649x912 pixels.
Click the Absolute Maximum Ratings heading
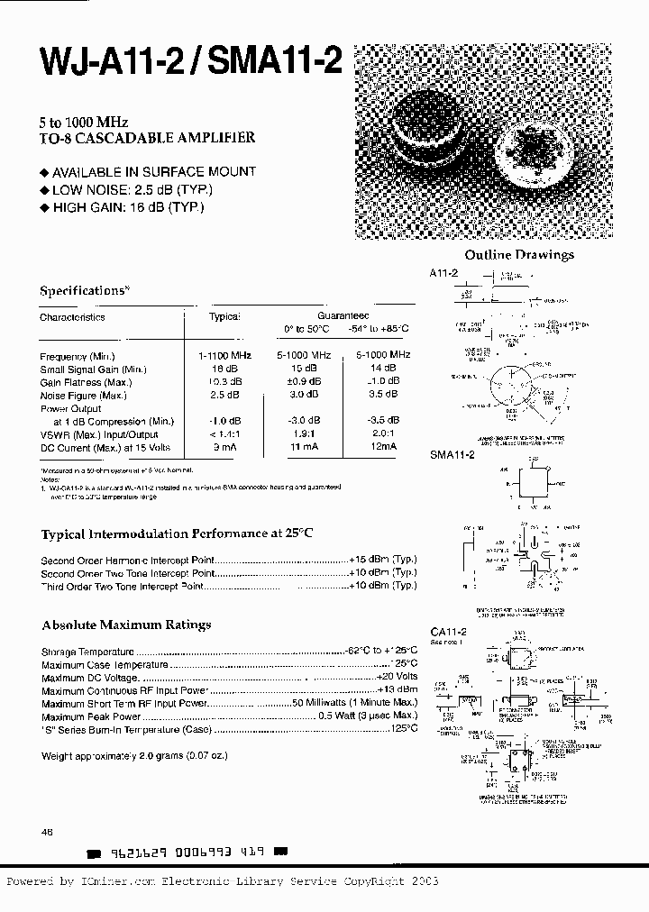[126, 625]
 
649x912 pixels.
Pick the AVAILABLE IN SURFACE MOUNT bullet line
[148, 171]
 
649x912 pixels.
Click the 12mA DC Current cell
[382, 447]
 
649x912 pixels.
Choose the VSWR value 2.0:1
[383, 434]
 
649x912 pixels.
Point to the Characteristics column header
[72, 317]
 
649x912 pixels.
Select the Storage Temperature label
[87, 652]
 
